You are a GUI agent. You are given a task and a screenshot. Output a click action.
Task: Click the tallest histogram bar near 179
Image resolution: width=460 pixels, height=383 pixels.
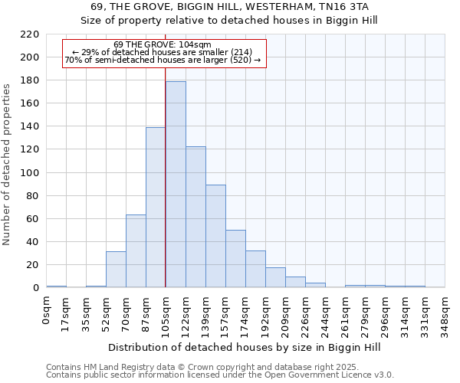(176, 184)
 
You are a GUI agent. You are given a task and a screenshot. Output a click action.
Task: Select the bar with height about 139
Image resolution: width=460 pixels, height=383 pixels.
(156, 207)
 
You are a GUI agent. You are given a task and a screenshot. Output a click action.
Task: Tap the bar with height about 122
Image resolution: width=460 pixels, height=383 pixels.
(195, 217)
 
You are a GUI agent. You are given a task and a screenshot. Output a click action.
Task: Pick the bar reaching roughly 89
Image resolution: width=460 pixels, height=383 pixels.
(215, 236)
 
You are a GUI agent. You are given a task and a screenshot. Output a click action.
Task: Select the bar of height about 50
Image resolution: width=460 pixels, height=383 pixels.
(235, 258)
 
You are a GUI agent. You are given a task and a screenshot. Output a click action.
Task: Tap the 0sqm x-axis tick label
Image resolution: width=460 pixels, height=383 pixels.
(46, 309)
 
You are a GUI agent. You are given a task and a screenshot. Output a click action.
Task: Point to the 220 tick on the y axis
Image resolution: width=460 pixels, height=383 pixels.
(30, 34)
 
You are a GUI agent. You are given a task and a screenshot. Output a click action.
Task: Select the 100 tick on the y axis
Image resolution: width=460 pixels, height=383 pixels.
(30, 173)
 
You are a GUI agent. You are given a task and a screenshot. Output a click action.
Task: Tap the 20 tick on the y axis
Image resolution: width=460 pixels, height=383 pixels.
(33, 265)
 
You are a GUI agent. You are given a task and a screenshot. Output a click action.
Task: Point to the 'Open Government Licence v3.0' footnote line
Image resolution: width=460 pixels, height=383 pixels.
(220, 375)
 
